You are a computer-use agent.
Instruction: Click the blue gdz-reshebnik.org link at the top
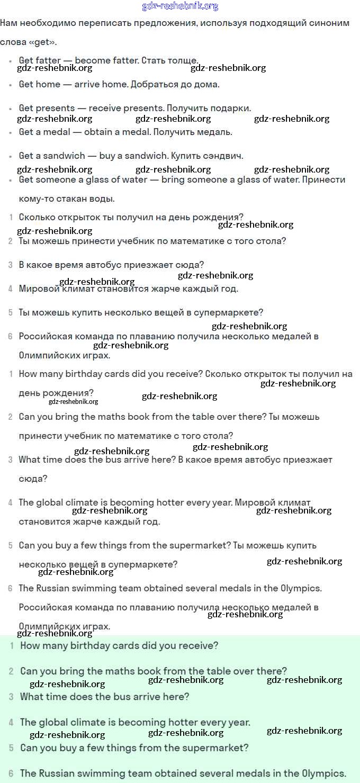(180, 6)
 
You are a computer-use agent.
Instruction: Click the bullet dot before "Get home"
(11, 85)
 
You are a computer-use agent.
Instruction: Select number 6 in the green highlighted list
(11, 773)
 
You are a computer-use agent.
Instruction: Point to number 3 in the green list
(11, 697)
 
